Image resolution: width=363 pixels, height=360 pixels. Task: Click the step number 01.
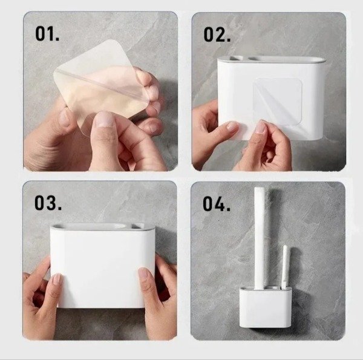coord(47,34)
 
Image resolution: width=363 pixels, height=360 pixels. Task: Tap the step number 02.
coord(217,34)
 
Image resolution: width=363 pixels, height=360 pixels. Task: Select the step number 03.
coord(48,203)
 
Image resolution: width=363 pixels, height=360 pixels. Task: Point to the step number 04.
coord(217,204)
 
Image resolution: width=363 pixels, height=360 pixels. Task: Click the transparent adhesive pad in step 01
coord(100,86)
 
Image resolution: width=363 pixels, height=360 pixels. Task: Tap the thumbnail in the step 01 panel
coord(104,119)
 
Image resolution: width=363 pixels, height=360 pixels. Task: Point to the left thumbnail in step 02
coord(232,126)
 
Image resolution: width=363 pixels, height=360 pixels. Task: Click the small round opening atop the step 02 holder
coord(237,58)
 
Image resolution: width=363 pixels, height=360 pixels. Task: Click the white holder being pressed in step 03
coord(102,266)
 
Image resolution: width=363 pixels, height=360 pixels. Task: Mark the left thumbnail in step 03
coord(57,278)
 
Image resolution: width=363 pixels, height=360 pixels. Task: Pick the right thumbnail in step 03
coord(143,273)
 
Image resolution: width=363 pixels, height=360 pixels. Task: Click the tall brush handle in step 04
coord(260,238)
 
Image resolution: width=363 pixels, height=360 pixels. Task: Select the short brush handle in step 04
coord(284,267)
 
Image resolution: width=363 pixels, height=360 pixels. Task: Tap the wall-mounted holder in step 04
coord(266,307)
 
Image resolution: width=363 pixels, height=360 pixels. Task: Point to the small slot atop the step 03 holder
coord(142,225)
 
